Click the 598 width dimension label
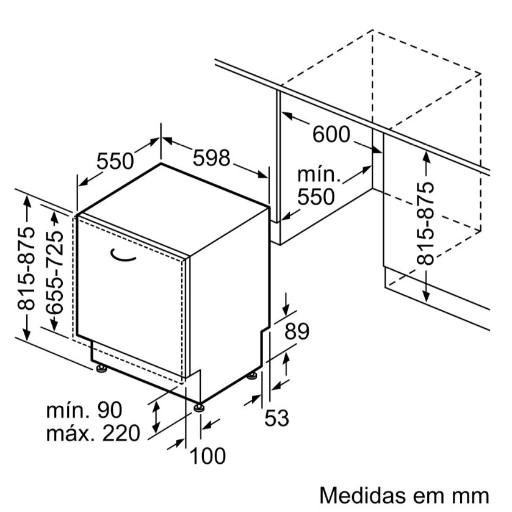pyautogui.click(x=211, y=159)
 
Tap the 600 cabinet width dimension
pyautogui.click(x=331, y=135)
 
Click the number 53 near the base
pyautogui.click(x=276, y=419)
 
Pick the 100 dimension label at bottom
pyautogui.click(x=207, y=455)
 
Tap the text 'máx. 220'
pyautogui.click(x=93, y=433)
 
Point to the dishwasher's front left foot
pyautogui.click(x=100, y=369)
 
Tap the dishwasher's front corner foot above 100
pyautogui.click(x=198, y=406)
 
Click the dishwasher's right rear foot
pyautogui.click(x=251, y=377)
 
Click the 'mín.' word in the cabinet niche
pyautogui.click(x=319, y=176)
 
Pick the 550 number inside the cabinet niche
pyautogui.click(x=316, y=197)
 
